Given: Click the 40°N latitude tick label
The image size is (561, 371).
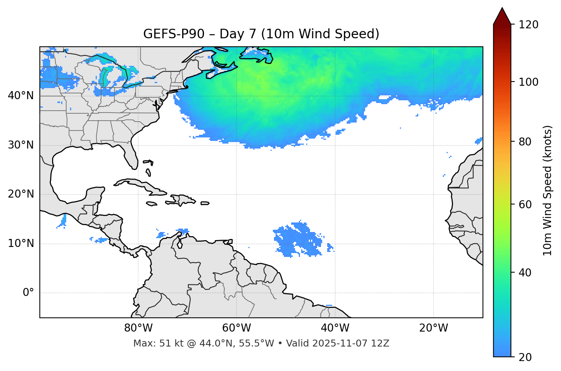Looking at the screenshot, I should (x=21, y=96).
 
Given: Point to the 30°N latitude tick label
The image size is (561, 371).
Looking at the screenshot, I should (x=21, y=145).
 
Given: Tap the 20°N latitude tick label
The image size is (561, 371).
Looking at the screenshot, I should (x=21, y=194).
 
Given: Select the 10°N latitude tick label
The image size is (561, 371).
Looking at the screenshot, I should (x=21, y=244).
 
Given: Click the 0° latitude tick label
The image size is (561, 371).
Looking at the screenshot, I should (x=28, y=293).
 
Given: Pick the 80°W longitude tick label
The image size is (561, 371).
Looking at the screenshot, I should (x=138, y=328).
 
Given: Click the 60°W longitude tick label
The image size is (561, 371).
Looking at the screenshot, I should (x=236, y=328).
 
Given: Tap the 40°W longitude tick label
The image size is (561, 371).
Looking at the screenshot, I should (x=335, y=328).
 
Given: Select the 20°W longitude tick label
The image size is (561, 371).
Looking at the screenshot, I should (x=433, y=328).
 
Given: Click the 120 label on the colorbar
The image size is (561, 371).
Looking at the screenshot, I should (x=528, y=25).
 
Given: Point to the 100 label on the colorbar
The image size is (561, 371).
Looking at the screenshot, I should (x=528, y=82).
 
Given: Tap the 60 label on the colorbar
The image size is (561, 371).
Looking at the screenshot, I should (x=525, y=204).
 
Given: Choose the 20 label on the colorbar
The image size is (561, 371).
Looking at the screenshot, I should (x=525, y=357).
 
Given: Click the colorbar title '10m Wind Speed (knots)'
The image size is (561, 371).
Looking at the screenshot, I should (x=548, y=190).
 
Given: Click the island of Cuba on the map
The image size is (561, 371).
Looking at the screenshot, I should (x=138, y=184).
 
